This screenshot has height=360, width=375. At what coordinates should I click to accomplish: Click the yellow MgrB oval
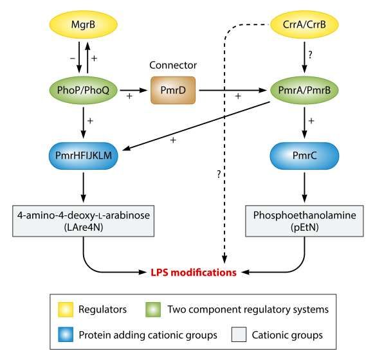point(83,24)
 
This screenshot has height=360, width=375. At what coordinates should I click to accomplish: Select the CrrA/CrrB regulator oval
point(304,24)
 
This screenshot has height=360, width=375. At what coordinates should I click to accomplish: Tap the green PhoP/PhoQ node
point(83,90)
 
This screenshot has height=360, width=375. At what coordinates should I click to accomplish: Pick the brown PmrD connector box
point(173,90)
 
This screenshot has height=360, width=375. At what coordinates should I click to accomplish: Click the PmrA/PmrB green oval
point(304,90)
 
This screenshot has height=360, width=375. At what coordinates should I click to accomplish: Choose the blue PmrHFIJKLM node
point(83,156)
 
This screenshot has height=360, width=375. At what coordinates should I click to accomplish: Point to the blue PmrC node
point(304,156)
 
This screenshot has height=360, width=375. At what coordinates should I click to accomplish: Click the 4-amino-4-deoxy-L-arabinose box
point(83,221)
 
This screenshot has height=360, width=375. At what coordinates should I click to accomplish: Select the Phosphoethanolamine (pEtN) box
point(304,221)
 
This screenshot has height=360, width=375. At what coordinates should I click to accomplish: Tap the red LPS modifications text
point(194,273)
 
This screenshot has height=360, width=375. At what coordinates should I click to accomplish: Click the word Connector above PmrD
point(173,66)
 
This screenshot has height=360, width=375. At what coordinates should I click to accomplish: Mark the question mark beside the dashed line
point(219,174)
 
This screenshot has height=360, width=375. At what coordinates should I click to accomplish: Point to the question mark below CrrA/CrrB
point(310,55)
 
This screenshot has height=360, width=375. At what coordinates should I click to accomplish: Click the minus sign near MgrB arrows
point(73,58)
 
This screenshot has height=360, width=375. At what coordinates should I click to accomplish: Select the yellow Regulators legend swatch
point(66,309)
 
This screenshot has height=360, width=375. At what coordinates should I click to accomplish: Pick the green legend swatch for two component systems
point(153,309)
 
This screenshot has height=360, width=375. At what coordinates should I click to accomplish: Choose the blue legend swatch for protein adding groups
point(66,334)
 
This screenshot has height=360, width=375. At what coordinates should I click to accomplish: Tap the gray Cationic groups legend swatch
point(239,334)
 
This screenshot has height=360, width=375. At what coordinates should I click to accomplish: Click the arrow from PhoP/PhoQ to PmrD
point(133,90)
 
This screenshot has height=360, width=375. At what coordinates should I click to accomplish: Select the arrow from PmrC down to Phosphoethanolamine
point(304,188)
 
